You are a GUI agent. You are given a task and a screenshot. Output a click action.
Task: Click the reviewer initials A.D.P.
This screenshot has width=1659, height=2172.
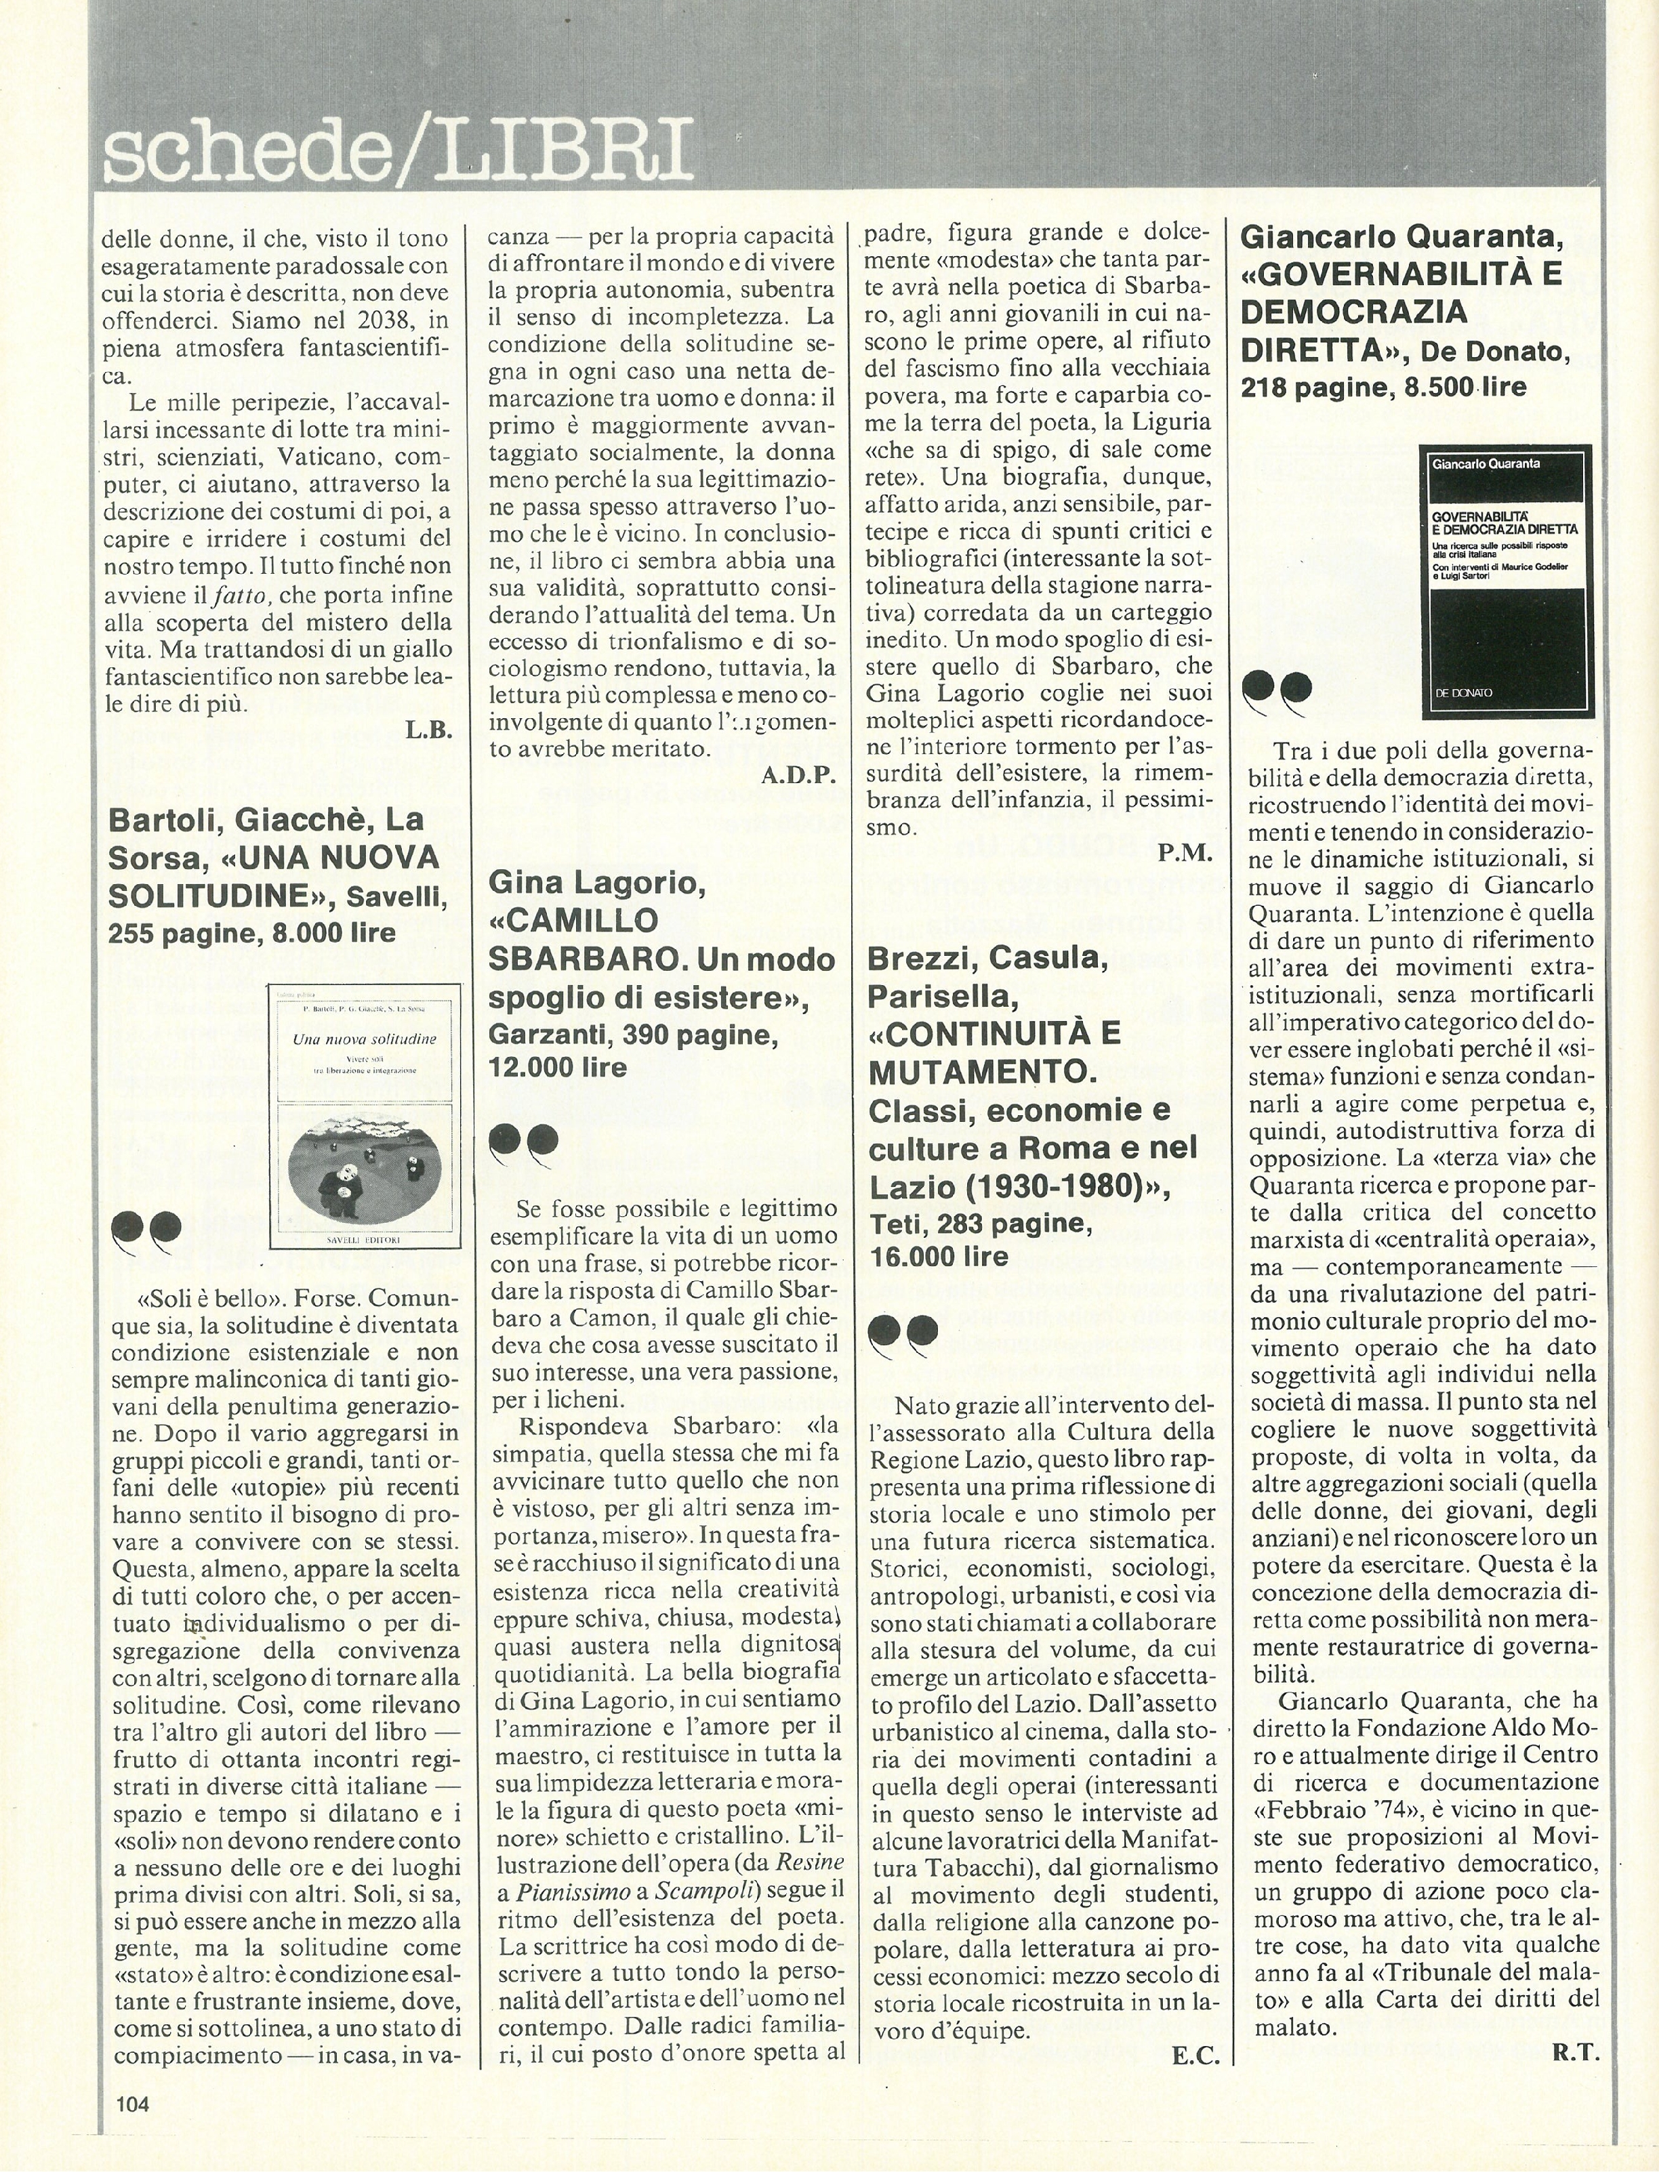[798, 774]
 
